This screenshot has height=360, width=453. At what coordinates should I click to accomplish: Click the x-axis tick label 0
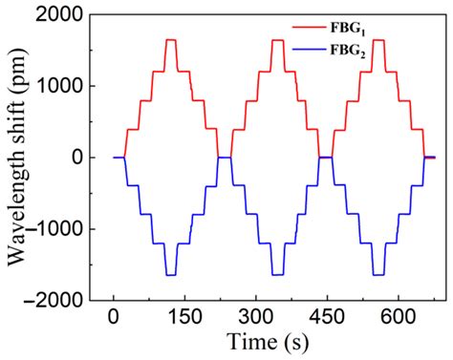(114, 318)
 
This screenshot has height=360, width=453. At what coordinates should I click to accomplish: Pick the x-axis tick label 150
(184, 318)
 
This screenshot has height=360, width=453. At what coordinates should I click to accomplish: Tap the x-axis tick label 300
(255, 318)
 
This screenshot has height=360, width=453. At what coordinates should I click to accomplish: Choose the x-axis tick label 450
(326, 318)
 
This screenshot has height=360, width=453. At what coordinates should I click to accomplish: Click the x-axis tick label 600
(397, 318)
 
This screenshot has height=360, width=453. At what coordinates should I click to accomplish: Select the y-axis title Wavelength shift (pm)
(17, 158)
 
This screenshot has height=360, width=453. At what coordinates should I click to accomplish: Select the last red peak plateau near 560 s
(378, 40)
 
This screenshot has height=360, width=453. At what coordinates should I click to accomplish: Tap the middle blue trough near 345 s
(277, 275)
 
